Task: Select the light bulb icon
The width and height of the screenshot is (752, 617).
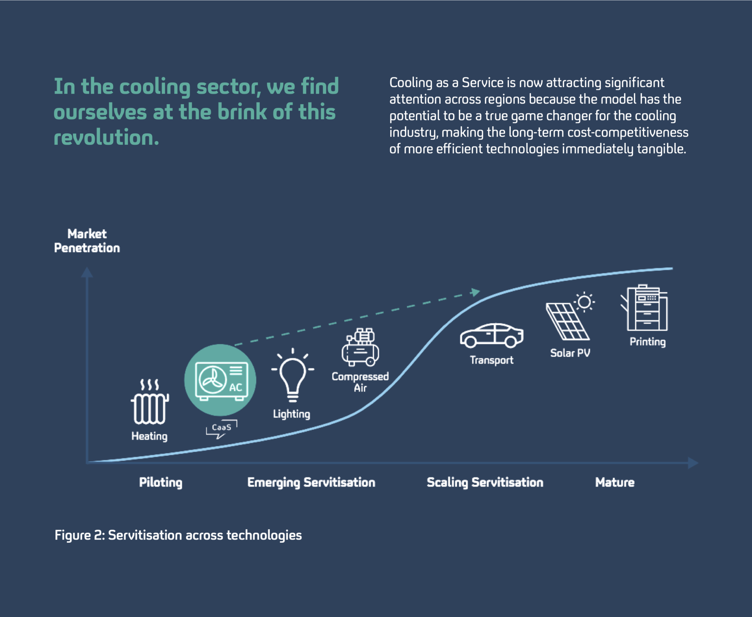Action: point(293,376)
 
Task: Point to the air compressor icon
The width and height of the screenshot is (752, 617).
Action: point(361,347)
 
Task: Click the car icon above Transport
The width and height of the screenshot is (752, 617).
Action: point(491,336)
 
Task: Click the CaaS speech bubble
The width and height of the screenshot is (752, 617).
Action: point(222,428)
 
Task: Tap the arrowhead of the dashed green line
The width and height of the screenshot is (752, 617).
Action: point(476,292)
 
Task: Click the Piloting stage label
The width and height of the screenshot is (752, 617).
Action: point(160,482)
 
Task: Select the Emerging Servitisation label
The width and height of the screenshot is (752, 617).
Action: point(311,482)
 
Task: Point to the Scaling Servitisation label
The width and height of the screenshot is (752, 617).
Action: point(485,482)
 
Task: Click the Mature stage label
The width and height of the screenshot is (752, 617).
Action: point(615,482)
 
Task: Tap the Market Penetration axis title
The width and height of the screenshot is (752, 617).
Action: point(87,241)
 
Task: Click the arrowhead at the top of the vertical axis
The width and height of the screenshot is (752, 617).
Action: point(87,272)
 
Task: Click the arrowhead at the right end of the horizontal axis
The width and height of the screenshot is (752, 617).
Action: point(693,463)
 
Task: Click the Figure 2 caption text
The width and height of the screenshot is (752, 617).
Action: point(178,535)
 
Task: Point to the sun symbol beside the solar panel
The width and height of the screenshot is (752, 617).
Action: point(584,302)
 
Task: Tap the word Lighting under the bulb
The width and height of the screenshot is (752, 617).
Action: point(292,414)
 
